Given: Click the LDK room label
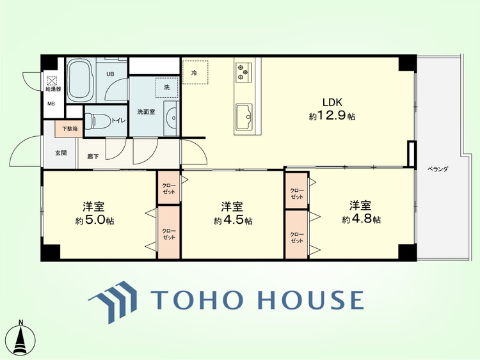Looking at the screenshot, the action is pos(332,102).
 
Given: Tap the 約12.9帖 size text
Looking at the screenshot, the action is pos(332,116).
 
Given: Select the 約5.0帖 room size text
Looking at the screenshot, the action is pos(95,220).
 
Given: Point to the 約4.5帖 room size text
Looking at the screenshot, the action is pos(233,220).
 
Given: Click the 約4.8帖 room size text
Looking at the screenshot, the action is pos(361,219).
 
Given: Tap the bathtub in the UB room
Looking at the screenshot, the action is pos(81,80).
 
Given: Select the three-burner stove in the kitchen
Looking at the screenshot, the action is pos(244,72).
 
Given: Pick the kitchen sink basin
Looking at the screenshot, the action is pos(244,117).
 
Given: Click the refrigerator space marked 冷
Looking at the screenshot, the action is pos(195,72).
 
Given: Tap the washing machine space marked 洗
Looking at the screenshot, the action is pos(166,88).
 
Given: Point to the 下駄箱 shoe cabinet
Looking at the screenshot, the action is pos(69,129).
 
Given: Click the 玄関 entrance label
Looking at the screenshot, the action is pos(61,153).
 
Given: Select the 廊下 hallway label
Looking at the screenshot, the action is pos(93,156).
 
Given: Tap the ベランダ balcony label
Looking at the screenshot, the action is pos(438,169).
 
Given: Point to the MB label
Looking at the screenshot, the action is pos(51,104).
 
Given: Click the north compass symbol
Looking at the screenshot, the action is pos(21,338).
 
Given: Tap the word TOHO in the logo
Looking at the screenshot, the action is pos(196,299).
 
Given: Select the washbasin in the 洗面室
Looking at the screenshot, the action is pos(172,118).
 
